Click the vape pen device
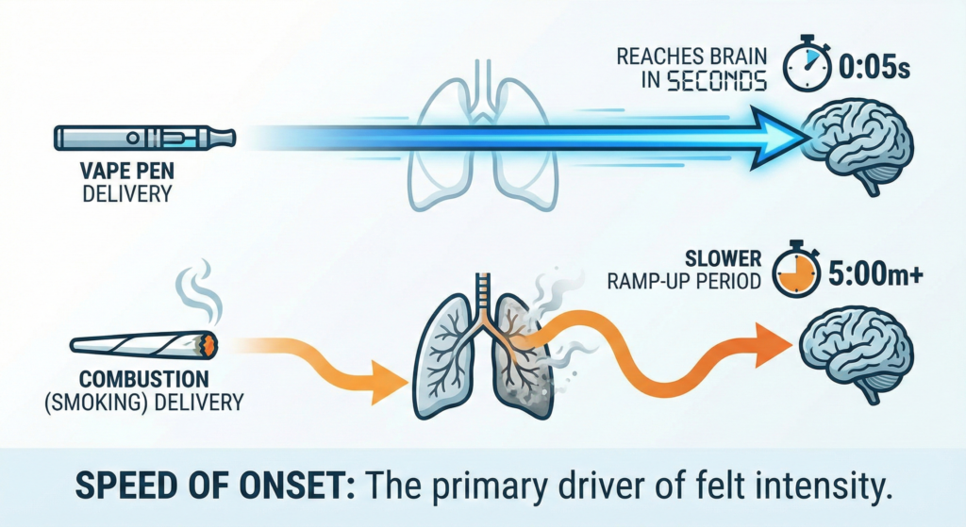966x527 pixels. click(144, 138)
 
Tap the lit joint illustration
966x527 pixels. click(144, 345)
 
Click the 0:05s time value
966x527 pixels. click(874, 67)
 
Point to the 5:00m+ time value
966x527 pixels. click(875, 274)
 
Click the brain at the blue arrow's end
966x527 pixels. click(859, 146)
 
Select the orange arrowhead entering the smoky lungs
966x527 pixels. click(388, 382)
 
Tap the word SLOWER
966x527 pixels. click(724, 258)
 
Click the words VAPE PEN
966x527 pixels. click(127, 171)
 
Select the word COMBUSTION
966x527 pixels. click(144, 378)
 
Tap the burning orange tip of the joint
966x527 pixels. click(209, 345)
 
